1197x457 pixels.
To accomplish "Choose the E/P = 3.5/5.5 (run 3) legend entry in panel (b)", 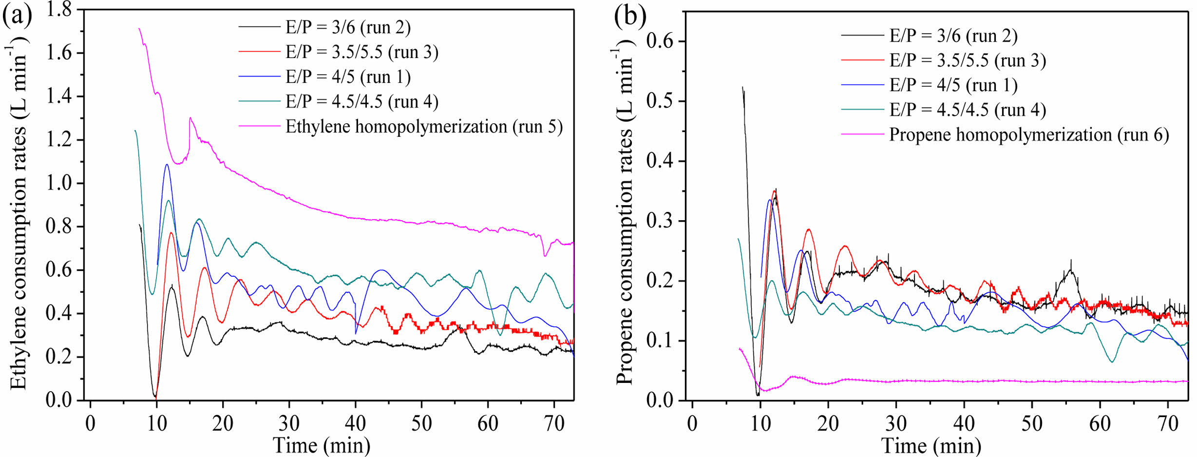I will (968, 60).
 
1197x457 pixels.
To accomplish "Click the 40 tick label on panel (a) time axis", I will (355, 423).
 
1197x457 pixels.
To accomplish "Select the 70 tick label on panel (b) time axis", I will (1168, 423).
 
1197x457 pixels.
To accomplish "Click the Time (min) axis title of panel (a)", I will (322, 445).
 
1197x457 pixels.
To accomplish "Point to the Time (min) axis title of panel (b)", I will (931, 445).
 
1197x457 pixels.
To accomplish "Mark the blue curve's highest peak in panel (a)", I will (167, 165).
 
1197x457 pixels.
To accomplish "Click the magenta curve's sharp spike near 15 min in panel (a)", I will (190, 118).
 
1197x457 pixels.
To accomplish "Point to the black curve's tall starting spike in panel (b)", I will (743, 88).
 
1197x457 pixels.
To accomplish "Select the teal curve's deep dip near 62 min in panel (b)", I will (1112, 362).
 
